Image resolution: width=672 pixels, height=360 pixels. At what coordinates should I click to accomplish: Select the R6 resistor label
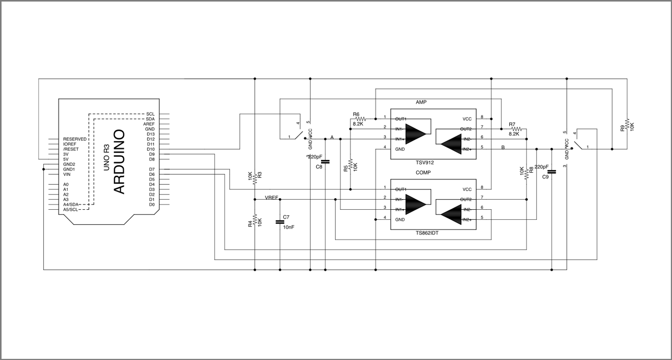pyautogui.click(x=356, y=114)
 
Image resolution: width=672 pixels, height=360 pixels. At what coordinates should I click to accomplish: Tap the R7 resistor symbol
pyautogui.click(x=516, y=129)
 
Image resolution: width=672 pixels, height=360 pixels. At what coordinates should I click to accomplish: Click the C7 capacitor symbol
pyautogui.click(x=279, y=222)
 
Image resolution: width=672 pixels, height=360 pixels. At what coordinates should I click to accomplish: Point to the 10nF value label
pyautogui.click(x=288, y=227)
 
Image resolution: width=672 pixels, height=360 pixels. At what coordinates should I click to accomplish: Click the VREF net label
pyautogui.click(x=272, y=197)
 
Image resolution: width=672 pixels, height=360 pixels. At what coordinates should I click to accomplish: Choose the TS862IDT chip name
pyautogui.click(x=428, y=233)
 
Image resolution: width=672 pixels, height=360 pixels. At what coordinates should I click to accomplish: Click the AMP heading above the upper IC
pyautogui.click(x=421, y=102)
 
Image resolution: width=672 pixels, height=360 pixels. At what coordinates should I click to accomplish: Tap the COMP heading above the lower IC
pyautogui.click(x=423, y=172)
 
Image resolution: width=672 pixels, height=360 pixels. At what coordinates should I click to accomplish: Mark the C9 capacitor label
pyautogui.click(x=545, y=177)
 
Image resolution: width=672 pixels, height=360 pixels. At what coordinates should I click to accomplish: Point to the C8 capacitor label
pyautogui.click(x=319, y=167)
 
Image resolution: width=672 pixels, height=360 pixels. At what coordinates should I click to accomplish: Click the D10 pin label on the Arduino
pyautogui.click(x=151, y=149)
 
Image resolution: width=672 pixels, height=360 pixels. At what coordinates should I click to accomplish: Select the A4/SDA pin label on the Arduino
pyautogui.click(x=71, y=204)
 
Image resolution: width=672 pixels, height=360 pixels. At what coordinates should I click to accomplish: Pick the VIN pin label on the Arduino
pyautogui.click(x=67, y=174)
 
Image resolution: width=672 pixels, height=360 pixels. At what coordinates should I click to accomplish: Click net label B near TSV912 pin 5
pyautogui.click(x=503, y=147)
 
